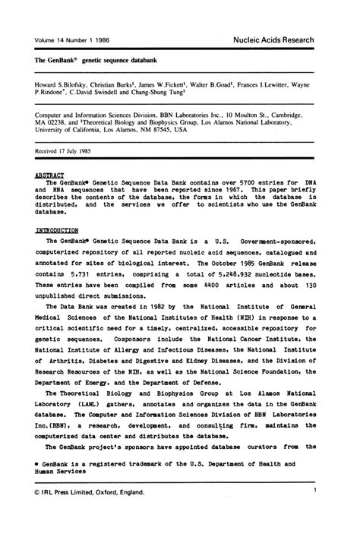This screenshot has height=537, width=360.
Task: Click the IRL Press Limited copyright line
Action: tap(83, 492)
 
